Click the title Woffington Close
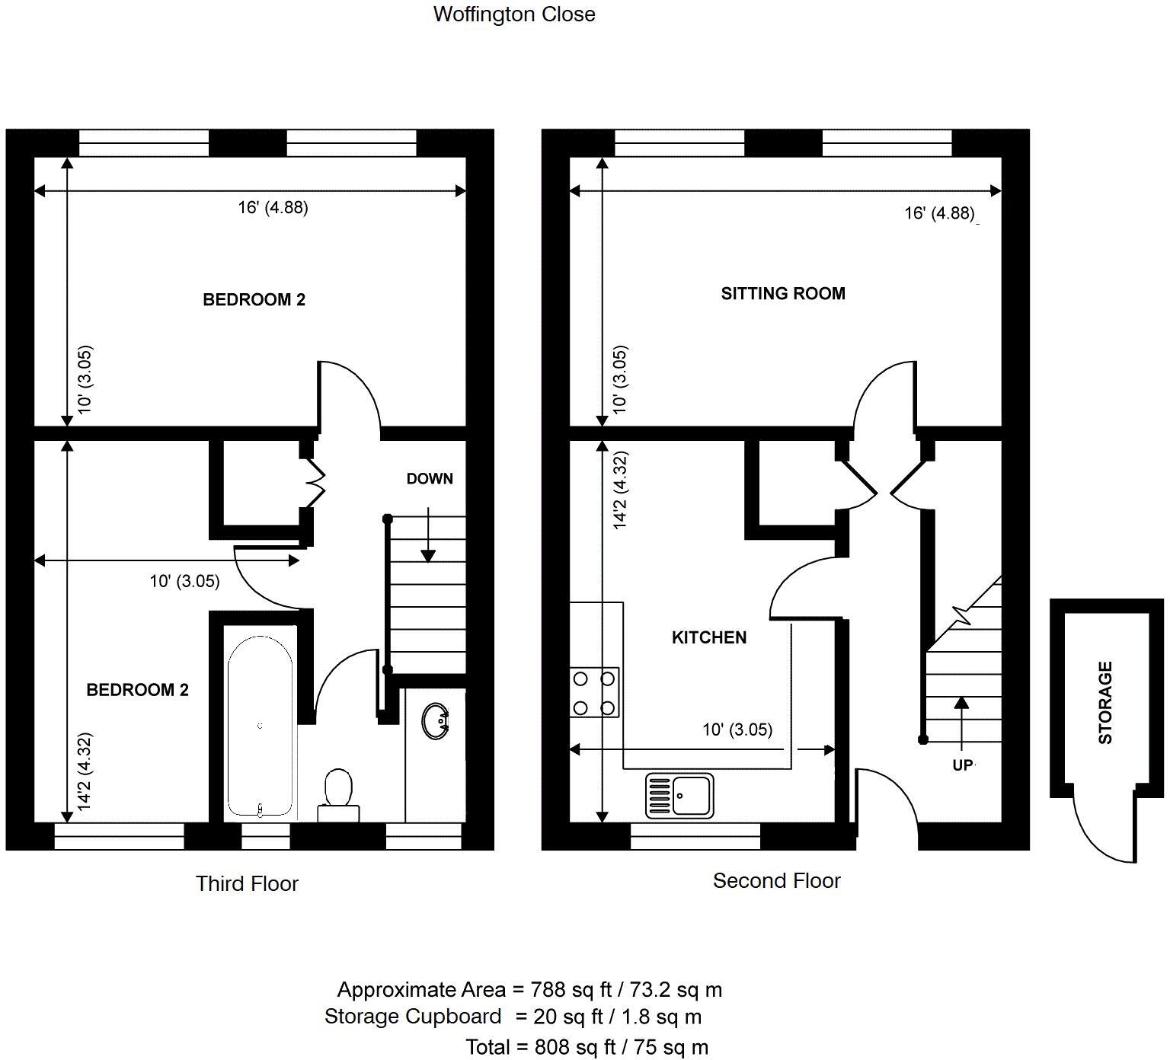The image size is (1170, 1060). coord(514,14)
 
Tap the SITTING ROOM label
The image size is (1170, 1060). coord(782,294)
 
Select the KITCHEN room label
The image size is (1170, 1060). coord(708,638)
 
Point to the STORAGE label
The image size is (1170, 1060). coord(1105,702)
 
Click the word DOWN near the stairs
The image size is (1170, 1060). coord(430,479)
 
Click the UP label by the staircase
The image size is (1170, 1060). coord(963,765)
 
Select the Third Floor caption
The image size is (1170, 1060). coord(247,884)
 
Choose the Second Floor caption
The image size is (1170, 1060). coord(776,881)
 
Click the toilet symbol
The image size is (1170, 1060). coord(338,792)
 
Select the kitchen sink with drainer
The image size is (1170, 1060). coord(679,796)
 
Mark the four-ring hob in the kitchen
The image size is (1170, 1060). coord(594,692)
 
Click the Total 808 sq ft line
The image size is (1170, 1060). coord(587,1047)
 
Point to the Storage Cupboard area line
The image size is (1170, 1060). coord(513,1017)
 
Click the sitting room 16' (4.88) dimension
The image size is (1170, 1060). coord(939,213)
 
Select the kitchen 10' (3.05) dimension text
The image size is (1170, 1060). coord(737,730)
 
